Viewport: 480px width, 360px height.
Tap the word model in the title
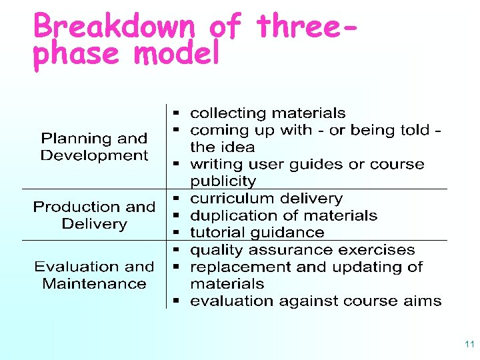tap(176, 54)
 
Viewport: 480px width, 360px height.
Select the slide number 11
tap(469, 345)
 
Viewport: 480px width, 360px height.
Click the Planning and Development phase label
tap(94, 147)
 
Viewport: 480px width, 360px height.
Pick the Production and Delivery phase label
tap(94, 215)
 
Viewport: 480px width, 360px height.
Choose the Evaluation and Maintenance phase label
tap(94, 275)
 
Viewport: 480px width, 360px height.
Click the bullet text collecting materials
tap(268, 113)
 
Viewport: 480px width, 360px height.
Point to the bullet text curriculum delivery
tap(266, 199)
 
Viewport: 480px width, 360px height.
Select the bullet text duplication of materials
tap(283, 215)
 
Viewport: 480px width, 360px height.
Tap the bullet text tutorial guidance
tap(257, 233)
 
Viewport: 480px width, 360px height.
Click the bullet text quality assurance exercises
tap(303, 250)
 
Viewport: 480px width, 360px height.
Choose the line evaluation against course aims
tap(315, 301)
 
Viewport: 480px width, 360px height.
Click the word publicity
tap(223, 181)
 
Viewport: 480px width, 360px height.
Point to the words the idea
tap(223, 147)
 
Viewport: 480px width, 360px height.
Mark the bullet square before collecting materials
tap(178, 113)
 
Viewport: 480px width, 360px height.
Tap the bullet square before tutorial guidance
tap(178, 233)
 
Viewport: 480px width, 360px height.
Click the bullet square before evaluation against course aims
tap(178, 301)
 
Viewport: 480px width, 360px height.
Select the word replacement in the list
tap(233, 267)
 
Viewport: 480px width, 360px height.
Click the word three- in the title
tap(305, 27)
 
